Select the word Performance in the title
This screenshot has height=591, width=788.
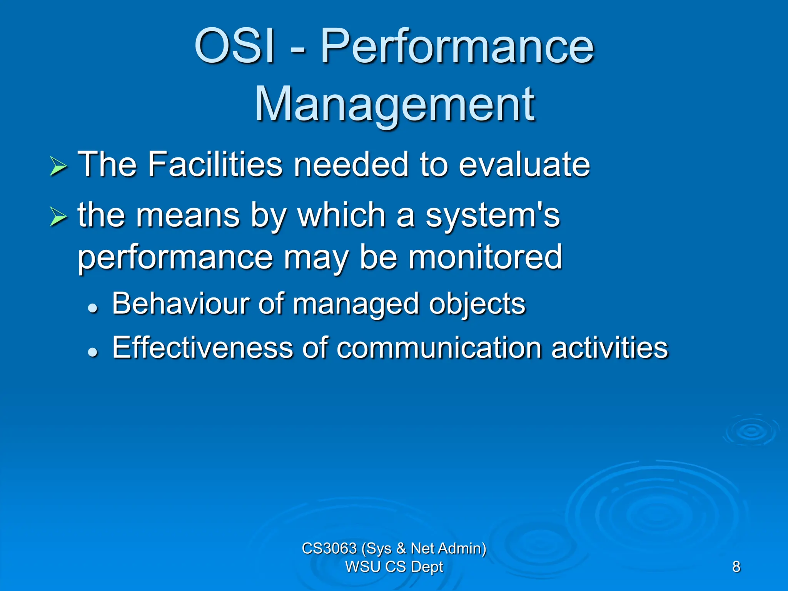457,48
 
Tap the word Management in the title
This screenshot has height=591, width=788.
394,105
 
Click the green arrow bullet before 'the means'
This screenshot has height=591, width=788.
58,216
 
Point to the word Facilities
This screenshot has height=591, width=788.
215,164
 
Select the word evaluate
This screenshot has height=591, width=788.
524,164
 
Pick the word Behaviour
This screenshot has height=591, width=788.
181,304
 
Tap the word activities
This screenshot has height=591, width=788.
609,348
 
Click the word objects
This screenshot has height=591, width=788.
477,304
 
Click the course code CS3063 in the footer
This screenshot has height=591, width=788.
329,548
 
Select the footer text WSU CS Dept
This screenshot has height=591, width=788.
394,567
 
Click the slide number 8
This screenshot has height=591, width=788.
736,567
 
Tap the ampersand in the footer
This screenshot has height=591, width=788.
401,548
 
